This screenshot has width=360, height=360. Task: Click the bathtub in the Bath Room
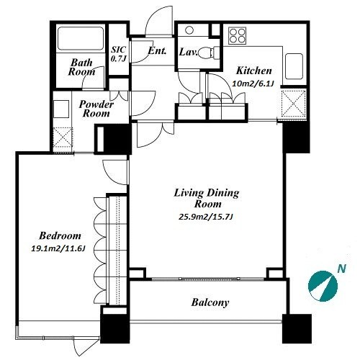(81, 39)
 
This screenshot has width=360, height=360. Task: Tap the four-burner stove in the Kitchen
(237, 36)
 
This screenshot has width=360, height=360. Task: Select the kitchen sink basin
(294, 66)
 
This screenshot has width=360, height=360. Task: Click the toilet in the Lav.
(207, 53)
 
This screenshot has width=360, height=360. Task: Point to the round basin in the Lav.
(189, 30)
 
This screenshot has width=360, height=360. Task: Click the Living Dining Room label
(207, 198)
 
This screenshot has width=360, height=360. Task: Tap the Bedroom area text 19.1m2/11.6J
(58, 248)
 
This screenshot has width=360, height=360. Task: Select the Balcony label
(210, 302)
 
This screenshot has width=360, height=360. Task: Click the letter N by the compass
(342, 269)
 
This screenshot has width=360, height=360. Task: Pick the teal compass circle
(323, 286)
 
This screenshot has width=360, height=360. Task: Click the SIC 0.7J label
(119, 54)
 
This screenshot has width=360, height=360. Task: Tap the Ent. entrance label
(157, 50)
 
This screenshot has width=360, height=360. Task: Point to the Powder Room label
(96, 109)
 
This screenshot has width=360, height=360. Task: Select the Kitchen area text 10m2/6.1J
(253, 84)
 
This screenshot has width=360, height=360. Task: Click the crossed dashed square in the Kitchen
(293, 103)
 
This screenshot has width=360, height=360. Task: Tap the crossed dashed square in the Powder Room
(63, 138)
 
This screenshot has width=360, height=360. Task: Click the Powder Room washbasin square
(61, 109)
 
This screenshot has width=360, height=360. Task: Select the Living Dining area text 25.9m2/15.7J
(206, 217)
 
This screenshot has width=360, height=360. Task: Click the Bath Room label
(81, 68)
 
